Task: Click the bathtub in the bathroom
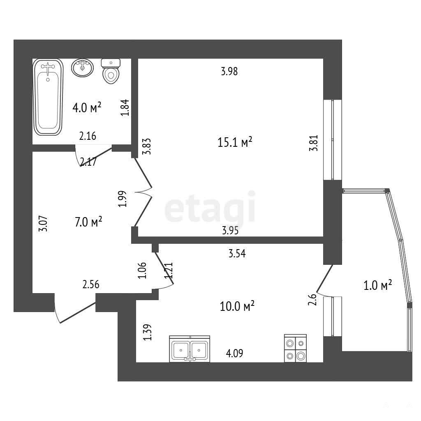[x=48, y=97]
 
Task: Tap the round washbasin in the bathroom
[x=82, y=68]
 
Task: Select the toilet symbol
[x=111, y=71]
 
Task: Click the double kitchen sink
[x=190, y=349]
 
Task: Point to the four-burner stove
[x=295, y=348]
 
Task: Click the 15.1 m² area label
[x=235, y=142]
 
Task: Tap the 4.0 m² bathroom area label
[x=87, y=108]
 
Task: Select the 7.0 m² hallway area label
[x=88, y=222]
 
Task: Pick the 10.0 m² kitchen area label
[x=237, y=306]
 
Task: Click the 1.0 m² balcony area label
[x=377, y=285]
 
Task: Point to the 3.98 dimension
[x=229, y=72]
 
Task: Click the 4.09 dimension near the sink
[x=235, y=353]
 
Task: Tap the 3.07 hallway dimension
[x=43, y=224]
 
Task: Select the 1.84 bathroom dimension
[x=125, y=108]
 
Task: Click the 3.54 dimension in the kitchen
[x=237, y=253]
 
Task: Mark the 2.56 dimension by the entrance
[x=91, y=285]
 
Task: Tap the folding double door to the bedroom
[x=143, y=192]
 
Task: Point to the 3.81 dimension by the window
[x=314, y=143]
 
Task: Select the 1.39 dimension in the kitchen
[x=148, y=332]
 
